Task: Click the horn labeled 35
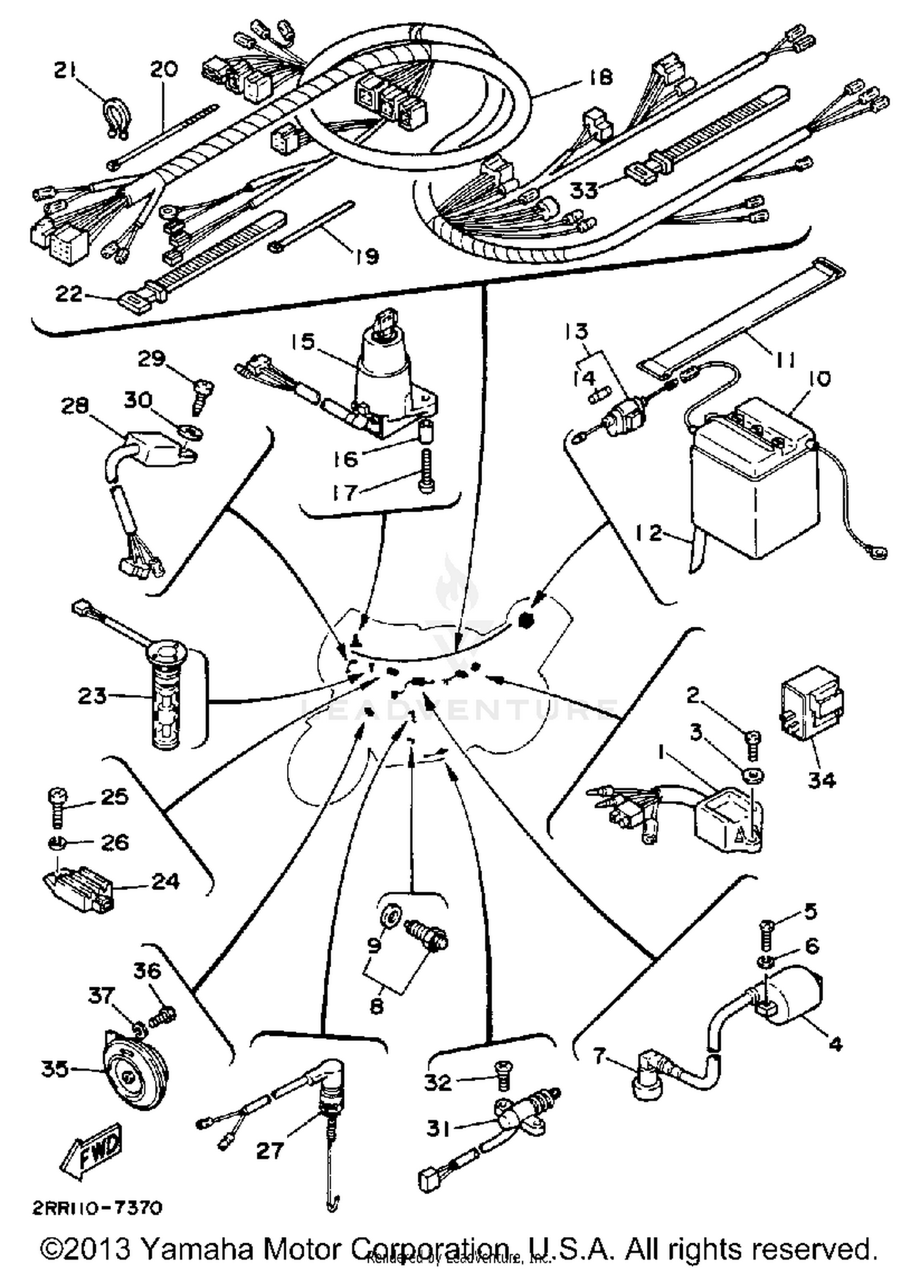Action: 131,1071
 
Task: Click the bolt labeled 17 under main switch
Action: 426,471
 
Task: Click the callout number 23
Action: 92,696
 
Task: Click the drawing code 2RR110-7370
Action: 97,1207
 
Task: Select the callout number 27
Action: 270,1151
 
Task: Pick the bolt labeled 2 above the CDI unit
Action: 753,743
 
